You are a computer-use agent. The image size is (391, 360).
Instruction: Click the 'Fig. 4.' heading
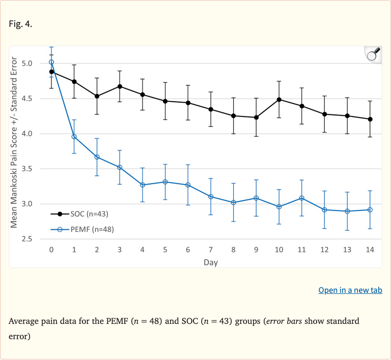21,24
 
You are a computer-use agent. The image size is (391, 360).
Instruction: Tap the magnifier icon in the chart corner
373,54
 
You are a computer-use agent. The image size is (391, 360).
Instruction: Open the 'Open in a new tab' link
350,290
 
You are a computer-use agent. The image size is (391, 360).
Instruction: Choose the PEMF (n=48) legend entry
81,229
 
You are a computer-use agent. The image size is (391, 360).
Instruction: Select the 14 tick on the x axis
370,250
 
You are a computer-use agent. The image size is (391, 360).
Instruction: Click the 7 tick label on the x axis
211,250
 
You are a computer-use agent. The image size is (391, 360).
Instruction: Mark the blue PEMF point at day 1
74,136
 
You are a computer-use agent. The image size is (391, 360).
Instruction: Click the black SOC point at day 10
279,100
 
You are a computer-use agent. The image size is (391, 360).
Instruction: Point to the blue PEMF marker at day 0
51,62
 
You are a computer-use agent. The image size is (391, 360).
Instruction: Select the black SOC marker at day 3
120,86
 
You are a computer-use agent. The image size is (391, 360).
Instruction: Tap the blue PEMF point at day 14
370,209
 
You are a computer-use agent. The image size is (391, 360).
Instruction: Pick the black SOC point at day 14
370,119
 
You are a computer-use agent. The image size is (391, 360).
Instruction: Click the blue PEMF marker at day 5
165,182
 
